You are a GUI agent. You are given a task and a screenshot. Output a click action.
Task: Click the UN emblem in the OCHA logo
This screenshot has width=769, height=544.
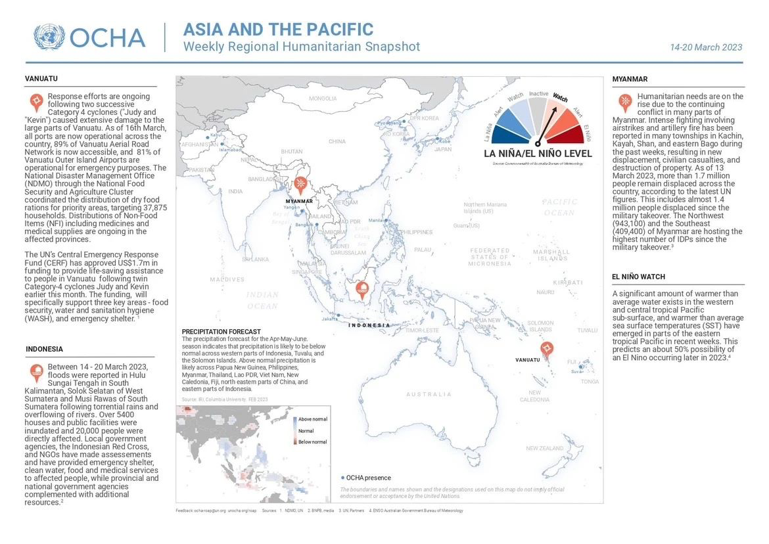click(x=49, y=37)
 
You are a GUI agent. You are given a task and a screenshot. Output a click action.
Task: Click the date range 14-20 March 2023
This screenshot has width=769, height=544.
click(x=706, y=47)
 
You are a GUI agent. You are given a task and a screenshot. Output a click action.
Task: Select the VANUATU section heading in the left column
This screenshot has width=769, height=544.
click(x=41, y=79)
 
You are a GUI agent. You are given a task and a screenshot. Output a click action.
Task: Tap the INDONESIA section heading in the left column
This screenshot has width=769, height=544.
click(x=44, y=349)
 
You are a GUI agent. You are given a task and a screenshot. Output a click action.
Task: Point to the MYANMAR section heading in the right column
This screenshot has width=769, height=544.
click(x=630, y=79)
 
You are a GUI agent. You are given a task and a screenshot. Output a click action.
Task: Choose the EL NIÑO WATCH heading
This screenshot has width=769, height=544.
click(x=638, y=277)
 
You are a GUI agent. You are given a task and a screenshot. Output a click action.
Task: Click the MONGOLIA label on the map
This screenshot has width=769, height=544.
click(x=323, y=99)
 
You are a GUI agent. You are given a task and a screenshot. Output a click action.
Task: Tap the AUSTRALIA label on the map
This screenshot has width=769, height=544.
click(x=429, y=394)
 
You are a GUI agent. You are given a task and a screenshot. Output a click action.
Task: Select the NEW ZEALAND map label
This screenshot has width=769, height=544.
click(x=544, y=448)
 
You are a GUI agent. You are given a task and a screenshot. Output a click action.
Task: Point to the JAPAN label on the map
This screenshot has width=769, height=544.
click(x=443, y=149)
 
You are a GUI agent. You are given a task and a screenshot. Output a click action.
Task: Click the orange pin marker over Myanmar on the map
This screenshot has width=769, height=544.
click(x=301, y=185)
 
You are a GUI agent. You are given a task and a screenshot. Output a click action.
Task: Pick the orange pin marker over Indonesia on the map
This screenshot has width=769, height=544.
click(x=362, y=288)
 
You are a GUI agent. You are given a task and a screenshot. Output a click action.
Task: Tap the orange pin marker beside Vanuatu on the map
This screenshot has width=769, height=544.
click(x=546, y=349)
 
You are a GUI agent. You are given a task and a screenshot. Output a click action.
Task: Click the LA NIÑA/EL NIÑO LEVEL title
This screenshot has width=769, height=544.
click(x=537, y=154)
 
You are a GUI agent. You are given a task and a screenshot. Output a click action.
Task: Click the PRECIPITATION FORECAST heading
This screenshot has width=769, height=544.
click(x=221, y=332)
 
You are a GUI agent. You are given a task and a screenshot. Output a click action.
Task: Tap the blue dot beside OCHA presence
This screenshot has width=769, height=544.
click(x=343, y=478)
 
